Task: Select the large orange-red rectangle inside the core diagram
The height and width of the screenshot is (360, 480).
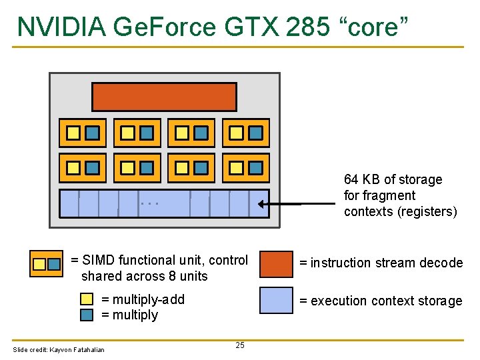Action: click(x=164, y=97)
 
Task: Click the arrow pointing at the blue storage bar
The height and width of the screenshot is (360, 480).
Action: click(x=280, y=205)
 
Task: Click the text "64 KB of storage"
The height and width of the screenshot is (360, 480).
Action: click(x=393, y=179)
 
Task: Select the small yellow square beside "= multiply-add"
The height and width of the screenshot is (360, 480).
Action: click(x=87, y=299)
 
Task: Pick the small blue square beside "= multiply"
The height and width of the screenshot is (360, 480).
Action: click(x=87, y=315)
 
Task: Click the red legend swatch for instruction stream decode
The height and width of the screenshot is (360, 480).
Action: click(x=275, y=263)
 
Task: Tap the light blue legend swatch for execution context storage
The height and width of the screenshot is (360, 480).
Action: click(x=275, y=300)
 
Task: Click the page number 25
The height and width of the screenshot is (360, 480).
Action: click(x=240, y=345)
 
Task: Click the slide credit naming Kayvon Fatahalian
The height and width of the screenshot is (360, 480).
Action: click(x=59, y=350)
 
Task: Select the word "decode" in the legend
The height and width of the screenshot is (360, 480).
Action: click(x=441, y=263)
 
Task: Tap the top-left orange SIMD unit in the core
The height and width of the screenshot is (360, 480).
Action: click(x=83, y=133)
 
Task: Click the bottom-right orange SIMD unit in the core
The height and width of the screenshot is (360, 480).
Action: click(x=245, y=168)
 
